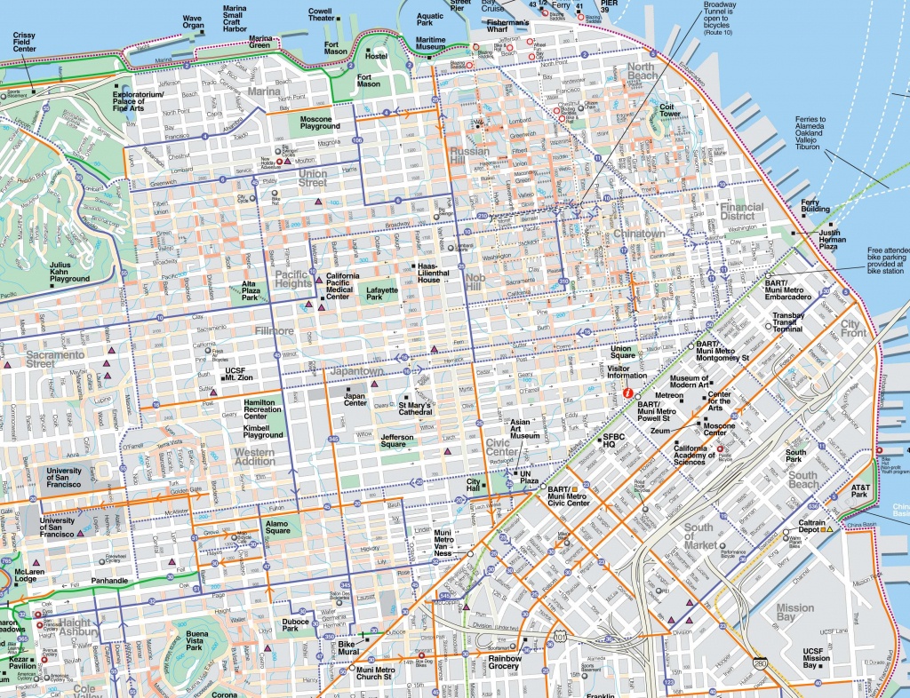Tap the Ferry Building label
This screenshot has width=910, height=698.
(816, 206)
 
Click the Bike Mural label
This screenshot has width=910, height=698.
(347, 646)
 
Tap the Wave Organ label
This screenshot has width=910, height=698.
(192, 21)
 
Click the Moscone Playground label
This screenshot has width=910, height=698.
(320, 122)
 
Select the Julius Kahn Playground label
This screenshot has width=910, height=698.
(69, 273)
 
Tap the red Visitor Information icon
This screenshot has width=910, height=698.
(628, 392)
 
